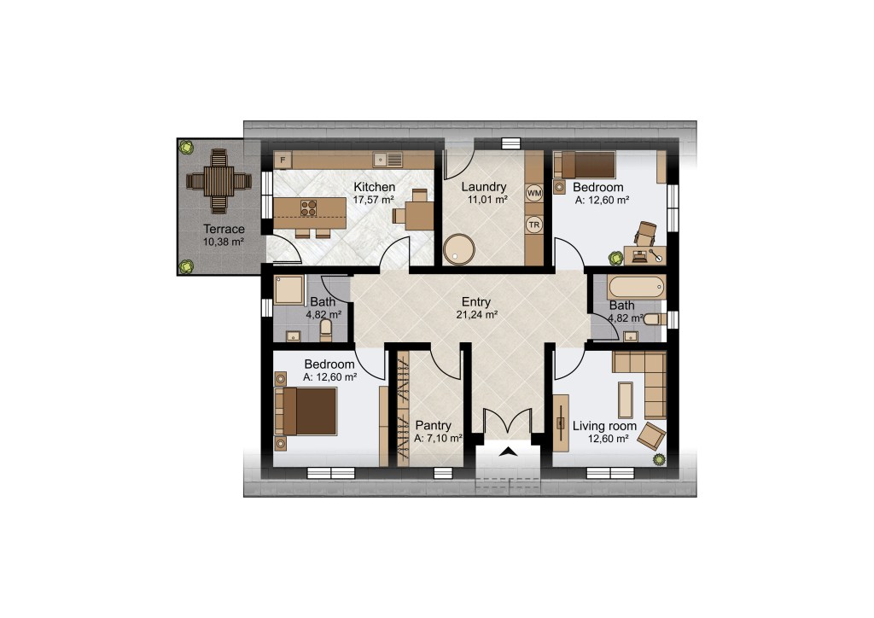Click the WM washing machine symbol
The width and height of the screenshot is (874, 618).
[x=534, y=194]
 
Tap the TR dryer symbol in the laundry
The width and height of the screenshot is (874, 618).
[x=534, y=225]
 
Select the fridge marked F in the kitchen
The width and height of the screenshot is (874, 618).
[x=283, y=160]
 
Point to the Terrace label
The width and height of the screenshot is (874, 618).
[x=224, y=229]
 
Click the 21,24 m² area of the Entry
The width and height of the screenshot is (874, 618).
[x=476, y=315]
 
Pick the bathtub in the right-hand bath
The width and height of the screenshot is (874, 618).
[x=636, y=288]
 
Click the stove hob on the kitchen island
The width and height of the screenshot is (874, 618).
[x=308, y=208]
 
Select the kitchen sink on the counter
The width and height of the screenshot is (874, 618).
[x=388, y=160]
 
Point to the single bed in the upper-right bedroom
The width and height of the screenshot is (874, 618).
[x=587, y=165]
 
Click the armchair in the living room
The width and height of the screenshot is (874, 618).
[x=651, y=435]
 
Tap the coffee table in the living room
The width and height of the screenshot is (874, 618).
[x=626, y=399]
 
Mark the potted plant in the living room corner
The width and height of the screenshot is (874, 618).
[x=660, y=460]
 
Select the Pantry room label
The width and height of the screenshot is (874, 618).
[x=433, y=426]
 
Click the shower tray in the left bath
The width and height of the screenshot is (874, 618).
[x=288, y=289]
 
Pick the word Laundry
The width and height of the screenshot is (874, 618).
[x=484, y=187]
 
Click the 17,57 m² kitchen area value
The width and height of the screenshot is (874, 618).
[x=374, y=200]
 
